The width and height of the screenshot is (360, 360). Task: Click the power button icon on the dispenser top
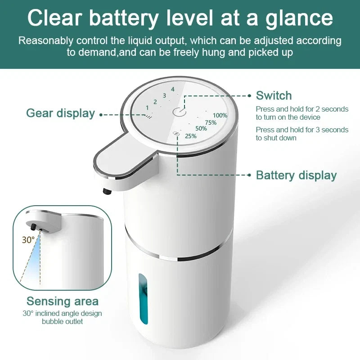179,112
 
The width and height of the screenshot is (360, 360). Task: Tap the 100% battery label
220,115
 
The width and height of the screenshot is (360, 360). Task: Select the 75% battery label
211,122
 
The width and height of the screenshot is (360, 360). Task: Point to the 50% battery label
201,128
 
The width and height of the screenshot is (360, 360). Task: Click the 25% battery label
191,136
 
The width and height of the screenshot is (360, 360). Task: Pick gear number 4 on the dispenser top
173,89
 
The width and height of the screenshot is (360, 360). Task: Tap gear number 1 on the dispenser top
147,108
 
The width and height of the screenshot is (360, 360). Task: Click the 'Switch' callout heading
274,95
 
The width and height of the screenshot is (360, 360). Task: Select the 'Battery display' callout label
296,175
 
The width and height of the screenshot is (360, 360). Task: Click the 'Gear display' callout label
60,113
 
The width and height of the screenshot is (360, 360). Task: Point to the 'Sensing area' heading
63,301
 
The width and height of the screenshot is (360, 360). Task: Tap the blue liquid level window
143,299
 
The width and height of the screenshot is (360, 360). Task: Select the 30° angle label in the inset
28,240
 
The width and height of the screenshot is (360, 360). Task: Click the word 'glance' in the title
299,18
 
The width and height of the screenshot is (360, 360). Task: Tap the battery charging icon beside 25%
175,133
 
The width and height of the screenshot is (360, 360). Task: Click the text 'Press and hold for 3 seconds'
302,130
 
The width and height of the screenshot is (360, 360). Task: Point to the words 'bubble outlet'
62,321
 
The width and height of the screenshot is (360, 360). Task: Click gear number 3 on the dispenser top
164,95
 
